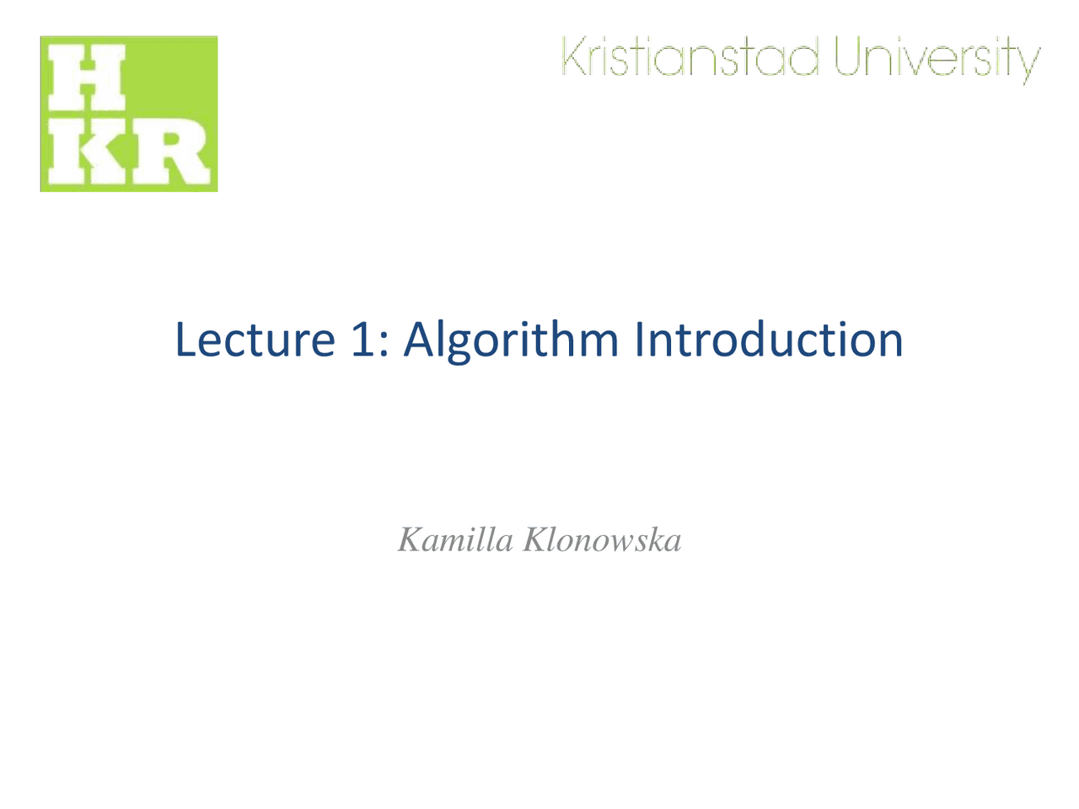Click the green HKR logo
129,114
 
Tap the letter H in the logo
88,78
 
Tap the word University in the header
937,59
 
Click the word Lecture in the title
255,339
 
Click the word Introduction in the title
768,339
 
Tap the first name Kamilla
455,539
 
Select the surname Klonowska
602,539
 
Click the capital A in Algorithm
419,339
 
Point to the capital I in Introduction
640,339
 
